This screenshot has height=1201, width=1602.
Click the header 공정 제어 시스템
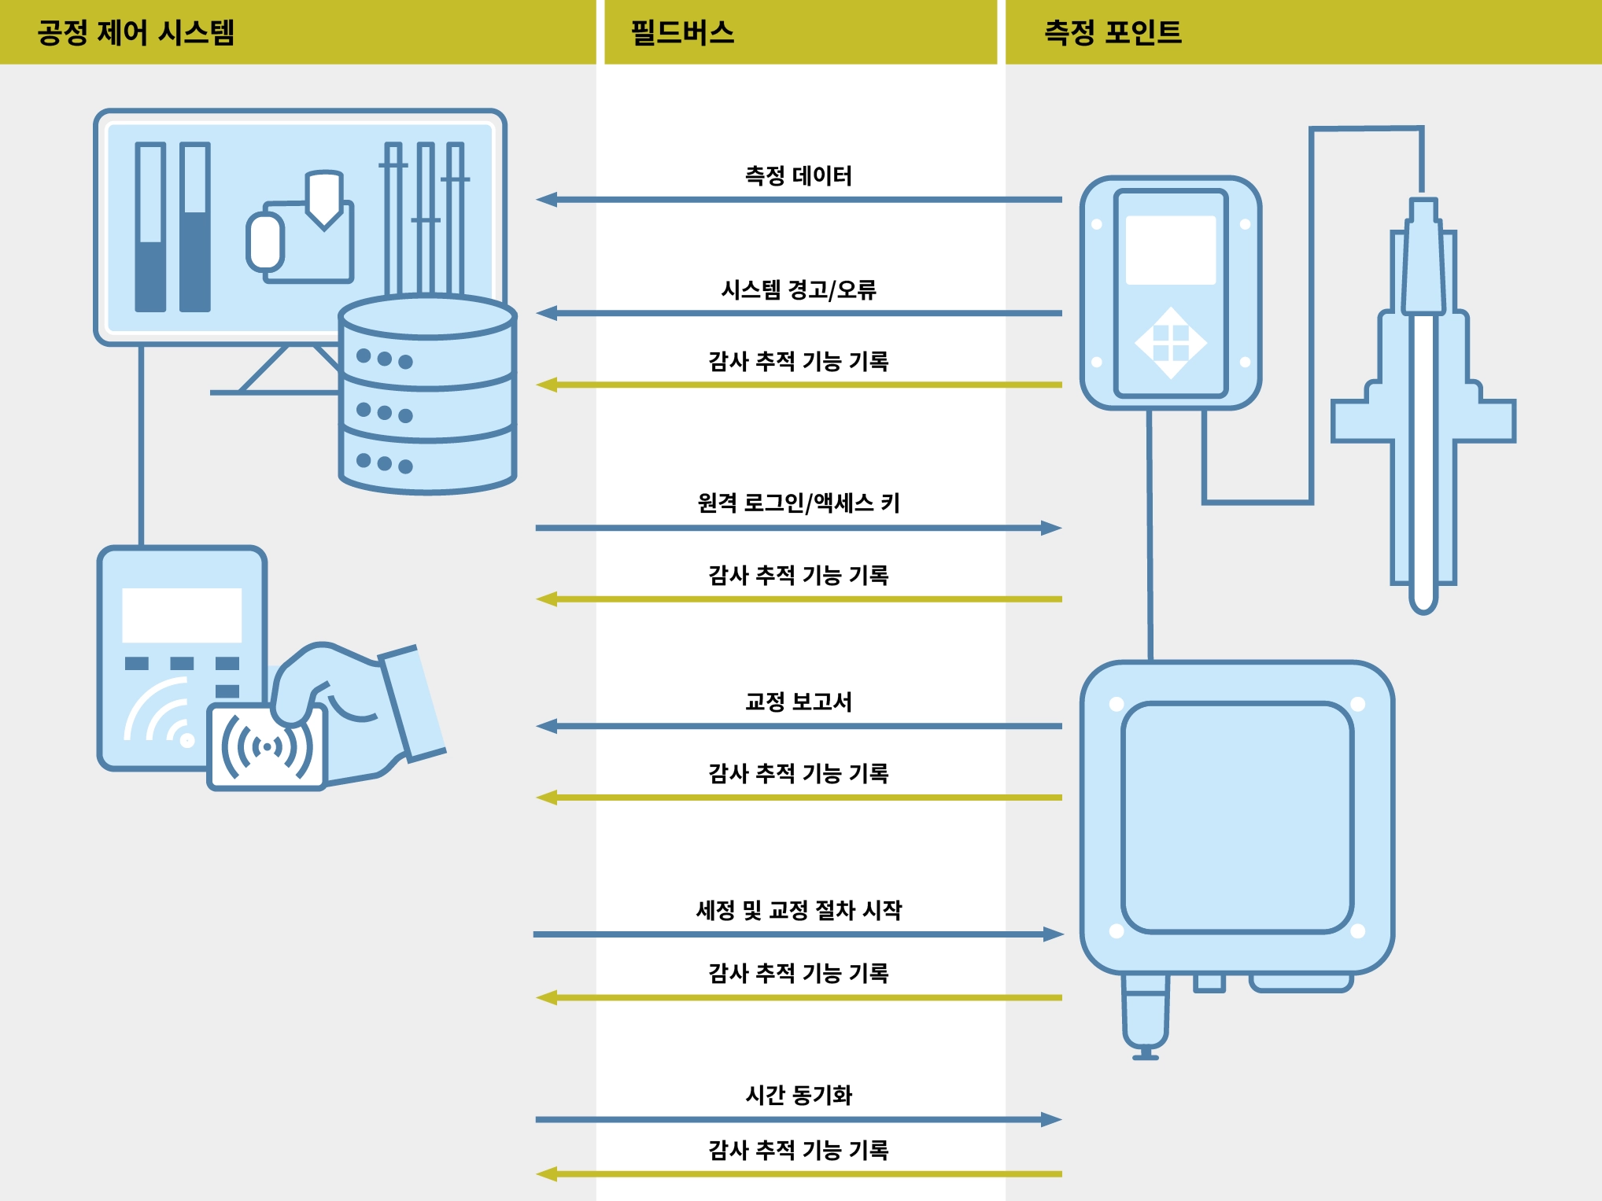coord(136,32)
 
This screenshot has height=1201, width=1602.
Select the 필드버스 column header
coord(682,32)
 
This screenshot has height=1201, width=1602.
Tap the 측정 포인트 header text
coord(1113,32)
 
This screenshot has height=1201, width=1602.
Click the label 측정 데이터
coord(798,175)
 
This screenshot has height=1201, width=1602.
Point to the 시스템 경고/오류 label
coord(798,289)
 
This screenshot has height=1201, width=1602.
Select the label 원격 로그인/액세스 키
coord(798,503)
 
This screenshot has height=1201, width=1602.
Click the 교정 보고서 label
coord(798,701)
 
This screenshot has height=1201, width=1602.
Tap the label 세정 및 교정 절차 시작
coord(798,910)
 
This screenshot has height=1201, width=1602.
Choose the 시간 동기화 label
coord(798,1094)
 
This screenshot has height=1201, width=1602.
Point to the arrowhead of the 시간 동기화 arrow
coord(1051,1119)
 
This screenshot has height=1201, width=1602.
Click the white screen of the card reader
coord(182,615)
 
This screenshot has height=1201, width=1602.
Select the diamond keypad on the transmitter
coord(1170,343)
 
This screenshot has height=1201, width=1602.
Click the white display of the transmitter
coord(1170,250)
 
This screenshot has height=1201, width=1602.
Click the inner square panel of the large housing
coord(1237,818)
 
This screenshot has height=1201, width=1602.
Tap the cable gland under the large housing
coord(1146,1015)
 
